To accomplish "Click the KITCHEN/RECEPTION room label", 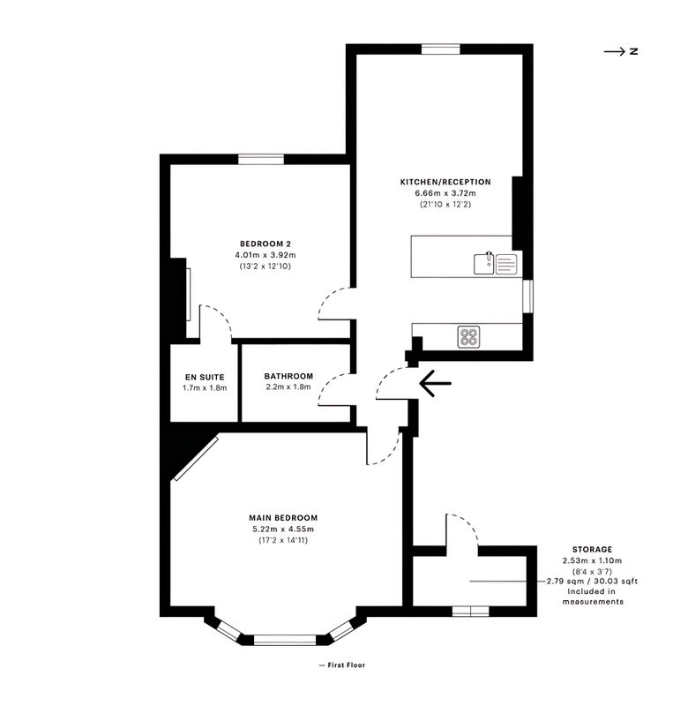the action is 445,182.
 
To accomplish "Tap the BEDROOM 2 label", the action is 265,244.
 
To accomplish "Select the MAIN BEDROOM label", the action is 283,518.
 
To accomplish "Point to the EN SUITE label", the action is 205,378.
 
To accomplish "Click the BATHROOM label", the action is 288,376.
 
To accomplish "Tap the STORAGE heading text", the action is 592,549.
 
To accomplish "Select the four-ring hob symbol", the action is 468,337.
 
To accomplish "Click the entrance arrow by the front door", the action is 435,383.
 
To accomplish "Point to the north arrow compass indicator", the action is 621,51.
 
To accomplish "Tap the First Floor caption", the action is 342,665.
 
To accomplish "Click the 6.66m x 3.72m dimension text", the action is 445,193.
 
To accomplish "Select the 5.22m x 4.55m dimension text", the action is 283,529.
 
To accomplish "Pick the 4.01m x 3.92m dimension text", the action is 265,255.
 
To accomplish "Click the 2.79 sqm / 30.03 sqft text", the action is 592,582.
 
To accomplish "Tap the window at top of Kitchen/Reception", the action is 441,49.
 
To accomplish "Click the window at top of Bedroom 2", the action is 261,160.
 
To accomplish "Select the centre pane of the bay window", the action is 285,640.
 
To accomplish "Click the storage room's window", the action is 471,612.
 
